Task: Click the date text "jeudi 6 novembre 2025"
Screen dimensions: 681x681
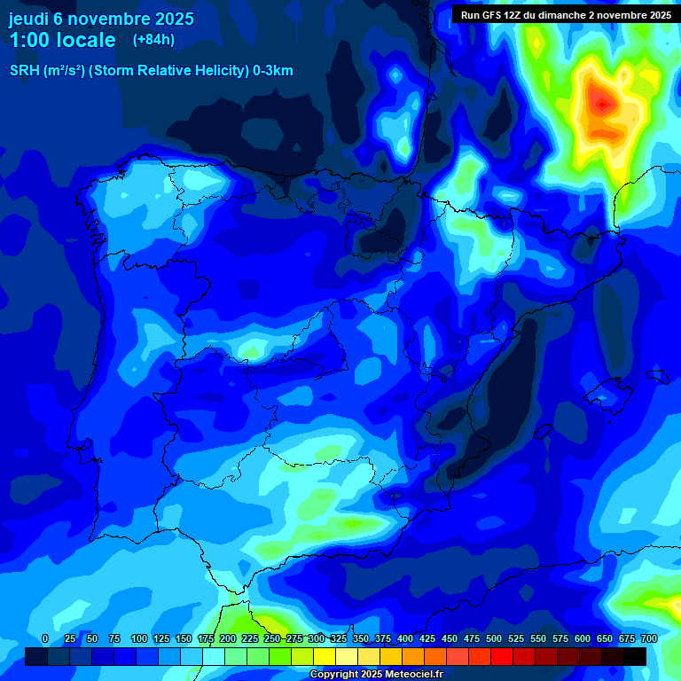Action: [101, 19]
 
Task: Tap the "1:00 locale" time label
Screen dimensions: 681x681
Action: [62, 40]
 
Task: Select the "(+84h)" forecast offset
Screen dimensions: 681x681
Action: [153, 40]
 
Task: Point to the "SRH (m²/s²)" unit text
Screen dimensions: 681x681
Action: [47, 71]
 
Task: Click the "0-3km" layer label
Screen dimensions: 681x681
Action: [272, 71]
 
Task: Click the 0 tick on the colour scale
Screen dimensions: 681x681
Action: [45, 638]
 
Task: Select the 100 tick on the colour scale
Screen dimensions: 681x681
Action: [138, 638]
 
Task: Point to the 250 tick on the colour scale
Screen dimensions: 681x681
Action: [271, 638]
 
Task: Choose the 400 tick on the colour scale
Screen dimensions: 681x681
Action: [404, 638]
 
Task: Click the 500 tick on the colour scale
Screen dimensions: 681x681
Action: [493, 638]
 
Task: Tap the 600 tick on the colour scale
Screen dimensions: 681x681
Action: [582, 638]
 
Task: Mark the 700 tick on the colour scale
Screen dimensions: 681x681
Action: [648, 638]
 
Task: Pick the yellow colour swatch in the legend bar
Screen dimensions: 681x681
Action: [325, 656]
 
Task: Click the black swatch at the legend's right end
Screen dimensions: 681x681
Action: [635, 656]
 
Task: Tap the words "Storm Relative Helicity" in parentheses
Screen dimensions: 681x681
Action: [168, 71]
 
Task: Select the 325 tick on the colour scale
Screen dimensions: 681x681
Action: [338, 638]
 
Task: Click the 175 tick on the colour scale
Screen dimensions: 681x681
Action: [205, 638]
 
